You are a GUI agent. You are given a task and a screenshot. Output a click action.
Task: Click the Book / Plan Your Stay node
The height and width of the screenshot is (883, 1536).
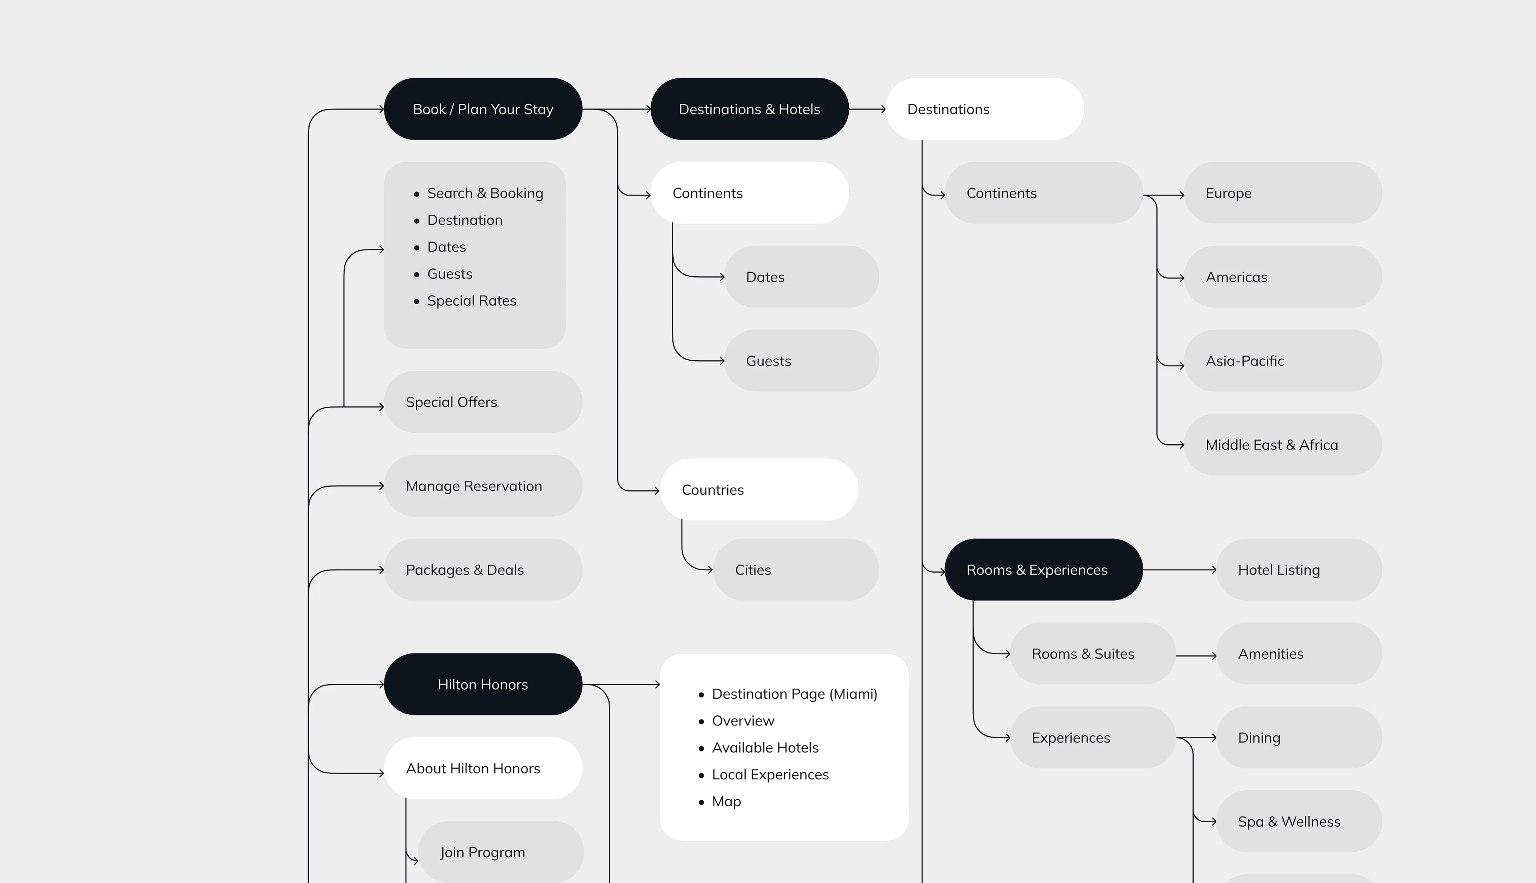[483, 109]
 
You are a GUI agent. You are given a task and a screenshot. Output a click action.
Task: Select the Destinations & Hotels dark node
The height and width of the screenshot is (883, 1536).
[750, 109]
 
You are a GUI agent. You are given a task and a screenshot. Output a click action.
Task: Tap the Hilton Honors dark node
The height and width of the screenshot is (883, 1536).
[483, 684]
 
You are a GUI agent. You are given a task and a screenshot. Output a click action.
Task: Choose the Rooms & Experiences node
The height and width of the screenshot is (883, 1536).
[1044, 569]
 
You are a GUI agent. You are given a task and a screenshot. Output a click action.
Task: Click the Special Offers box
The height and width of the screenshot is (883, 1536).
[483, 402]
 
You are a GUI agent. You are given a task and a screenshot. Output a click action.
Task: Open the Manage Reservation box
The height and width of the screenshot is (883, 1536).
[483, 486]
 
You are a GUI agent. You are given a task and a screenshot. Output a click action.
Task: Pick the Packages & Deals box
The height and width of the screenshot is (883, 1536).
[483, 569]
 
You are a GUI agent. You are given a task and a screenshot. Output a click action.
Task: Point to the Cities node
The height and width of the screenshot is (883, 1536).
[796, 569]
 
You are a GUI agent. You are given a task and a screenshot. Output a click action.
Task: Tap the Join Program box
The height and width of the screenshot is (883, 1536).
[501, 852]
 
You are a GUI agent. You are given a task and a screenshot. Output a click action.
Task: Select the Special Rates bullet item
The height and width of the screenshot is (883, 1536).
[472, 301]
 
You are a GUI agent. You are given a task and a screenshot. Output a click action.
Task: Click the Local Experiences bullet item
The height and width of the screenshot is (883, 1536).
[770, 775]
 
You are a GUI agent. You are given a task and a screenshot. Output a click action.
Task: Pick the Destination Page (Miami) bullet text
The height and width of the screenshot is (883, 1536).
[794, 694]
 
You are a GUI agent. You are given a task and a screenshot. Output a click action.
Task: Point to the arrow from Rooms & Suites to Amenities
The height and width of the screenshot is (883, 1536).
[1196, 655]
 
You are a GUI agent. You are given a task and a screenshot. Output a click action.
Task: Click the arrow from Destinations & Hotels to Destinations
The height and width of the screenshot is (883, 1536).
[867, 109]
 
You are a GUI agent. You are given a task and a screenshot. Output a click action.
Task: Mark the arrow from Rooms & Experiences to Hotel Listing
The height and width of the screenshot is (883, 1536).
[1180, 569]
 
